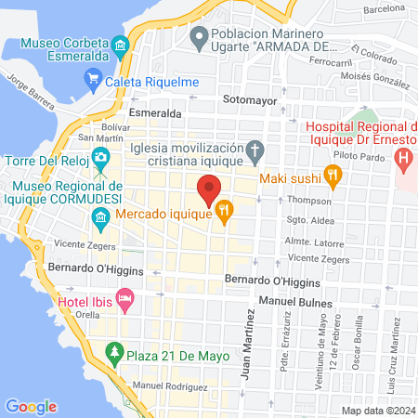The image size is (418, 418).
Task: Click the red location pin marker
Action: (x=209, y=189)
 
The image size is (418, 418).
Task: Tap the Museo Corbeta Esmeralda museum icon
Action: (x=119, y=46)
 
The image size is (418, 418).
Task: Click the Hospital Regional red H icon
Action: (x=404, y=156)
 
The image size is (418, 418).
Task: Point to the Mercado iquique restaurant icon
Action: (x=224, y=213)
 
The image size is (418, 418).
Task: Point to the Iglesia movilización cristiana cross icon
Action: (x=255, y=150)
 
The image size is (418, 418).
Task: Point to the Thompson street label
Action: (x=308, y=200)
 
